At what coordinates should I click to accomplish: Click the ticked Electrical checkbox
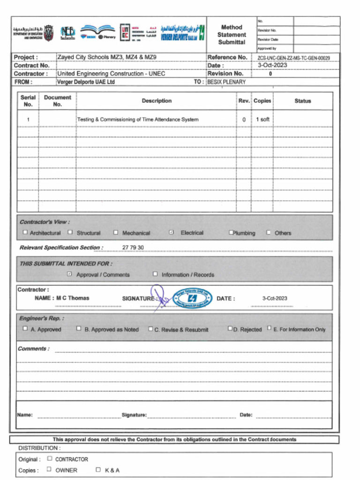(x=171, y=232)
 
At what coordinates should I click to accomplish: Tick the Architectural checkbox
(x=25, y=232)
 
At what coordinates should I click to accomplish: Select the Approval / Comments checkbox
(x=69, y=274)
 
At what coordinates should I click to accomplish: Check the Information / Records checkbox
(x=155, y=274)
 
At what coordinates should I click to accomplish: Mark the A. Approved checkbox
(x=25, y=329)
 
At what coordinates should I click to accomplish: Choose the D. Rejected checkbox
(x=230, y=329)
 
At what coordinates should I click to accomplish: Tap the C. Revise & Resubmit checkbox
(x=150, y=329)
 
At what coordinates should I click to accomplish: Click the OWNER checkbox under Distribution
(x=50, y=469)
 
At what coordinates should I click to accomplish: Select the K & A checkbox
(x=98, y=469)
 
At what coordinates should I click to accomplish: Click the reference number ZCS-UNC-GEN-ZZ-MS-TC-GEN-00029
(x=293, y=58)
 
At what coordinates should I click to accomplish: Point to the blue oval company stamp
(x=192, y=298)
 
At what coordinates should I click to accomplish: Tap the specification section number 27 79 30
(x=133, y=247)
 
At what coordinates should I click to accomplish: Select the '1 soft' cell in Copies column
(x=262, y=120)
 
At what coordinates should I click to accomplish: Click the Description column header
(x=157, y=101)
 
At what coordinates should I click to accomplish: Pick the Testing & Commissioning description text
(x=138, y=120)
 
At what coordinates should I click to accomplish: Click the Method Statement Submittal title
(x=232, y=35)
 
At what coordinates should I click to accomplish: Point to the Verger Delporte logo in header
(x=182, y=33)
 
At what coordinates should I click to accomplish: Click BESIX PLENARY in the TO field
(x=226, y=82)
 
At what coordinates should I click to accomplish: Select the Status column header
(x=302, y=101)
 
